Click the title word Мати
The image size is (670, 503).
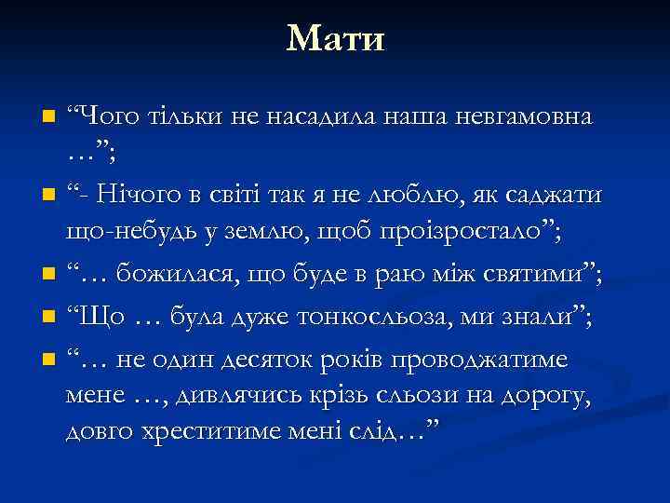click(x=335, y=39)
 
